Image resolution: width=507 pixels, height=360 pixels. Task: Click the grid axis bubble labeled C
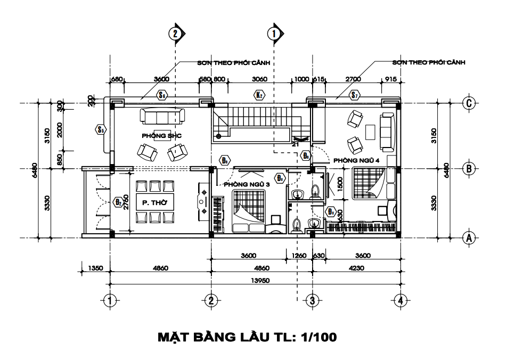469,103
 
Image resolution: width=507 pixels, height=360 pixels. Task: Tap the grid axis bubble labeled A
469,238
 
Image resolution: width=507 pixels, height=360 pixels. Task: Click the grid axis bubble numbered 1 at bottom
110,301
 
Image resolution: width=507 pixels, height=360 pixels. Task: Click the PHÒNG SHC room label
161,136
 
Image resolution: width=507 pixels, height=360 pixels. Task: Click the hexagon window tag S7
355,96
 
